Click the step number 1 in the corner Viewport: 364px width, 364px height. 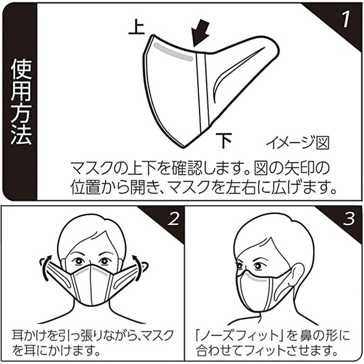click(x=343, y=19)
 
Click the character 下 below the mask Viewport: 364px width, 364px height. click(x=224, y=141)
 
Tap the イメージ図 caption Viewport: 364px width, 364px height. click(x=297, y=143)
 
